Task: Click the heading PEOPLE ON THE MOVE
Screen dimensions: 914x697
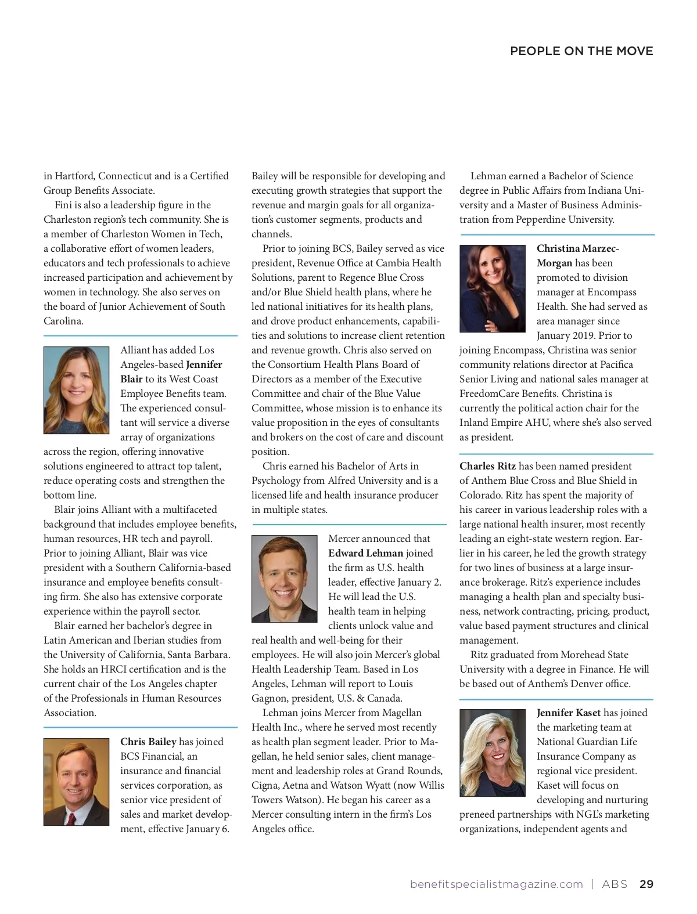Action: tap(581, 51)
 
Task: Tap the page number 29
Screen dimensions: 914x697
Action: tap(646, 884)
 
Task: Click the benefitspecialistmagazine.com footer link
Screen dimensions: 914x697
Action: tap(496, 884)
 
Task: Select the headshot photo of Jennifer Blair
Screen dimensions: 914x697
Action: tap(76, 390)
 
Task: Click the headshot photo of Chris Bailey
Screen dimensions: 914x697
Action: tap(76, 782)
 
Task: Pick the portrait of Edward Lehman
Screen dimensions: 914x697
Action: tap(284, 579)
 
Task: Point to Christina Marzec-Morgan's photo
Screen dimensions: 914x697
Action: tap(492, 288)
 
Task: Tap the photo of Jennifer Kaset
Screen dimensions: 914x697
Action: tap(492, 753)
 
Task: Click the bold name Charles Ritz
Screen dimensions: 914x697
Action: tap(487, 466)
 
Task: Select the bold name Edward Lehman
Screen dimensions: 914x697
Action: tap(365, 553)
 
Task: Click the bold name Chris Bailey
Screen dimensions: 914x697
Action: tap(148, 742)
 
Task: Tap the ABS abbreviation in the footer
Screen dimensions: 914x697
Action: tap(615, 884)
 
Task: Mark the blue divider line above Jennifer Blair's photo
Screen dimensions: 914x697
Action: tap(141, 335)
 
